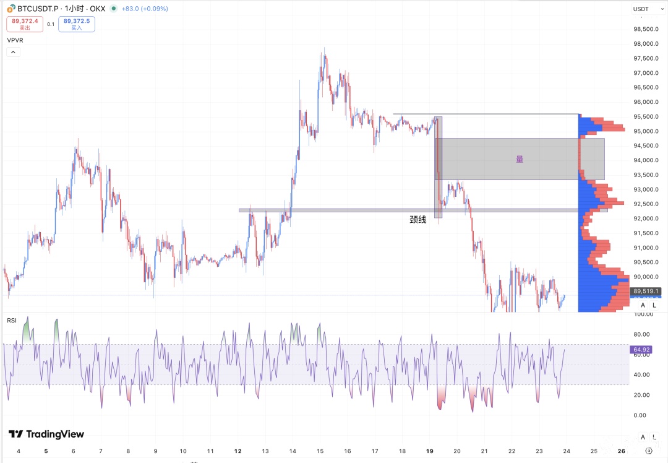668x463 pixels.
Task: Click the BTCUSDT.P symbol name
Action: [x=34, y=9]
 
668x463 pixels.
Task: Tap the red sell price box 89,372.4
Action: [x=25, y=24]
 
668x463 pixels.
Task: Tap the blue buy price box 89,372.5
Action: [x=77, y=24]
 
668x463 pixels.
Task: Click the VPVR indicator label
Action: [x=15, y=40]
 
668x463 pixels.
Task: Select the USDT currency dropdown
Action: [x=643, y=9]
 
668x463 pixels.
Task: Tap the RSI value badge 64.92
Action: [x=640, y=350]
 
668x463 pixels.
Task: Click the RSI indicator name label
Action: [x=12, y=320]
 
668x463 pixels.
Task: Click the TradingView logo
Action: [x=46, y=434]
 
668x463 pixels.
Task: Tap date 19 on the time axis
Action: [x=429, y=451]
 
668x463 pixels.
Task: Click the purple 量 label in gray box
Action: [x=520, y=159]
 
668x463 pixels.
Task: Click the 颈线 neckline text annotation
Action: [x=417, y=219]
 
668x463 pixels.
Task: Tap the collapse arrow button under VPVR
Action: [x=14, y=53]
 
